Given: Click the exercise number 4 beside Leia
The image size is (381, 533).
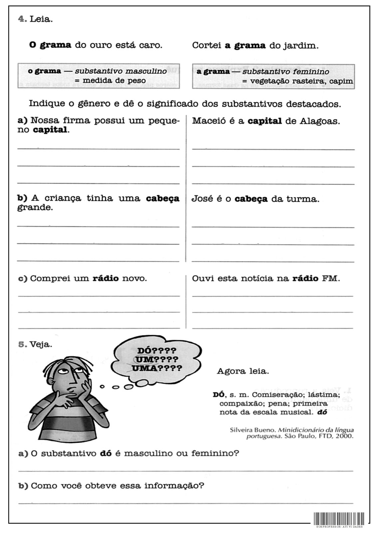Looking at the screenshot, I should (x=22, y=19).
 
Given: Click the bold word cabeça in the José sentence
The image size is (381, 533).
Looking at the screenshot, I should (x=251, y=199).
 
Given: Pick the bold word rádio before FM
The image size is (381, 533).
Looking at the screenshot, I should (x=305, y=278).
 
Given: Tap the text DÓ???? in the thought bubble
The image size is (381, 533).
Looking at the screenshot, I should (x=157, y=351).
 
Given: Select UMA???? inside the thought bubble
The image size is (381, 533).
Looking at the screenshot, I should (x=157, y=368).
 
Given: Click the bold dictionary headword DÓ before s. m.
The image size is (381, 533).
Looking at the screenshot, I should (x=219, y=395).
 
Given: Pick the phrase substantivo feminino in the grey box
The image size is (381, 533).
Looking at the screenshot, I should (x=285, y=72).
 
